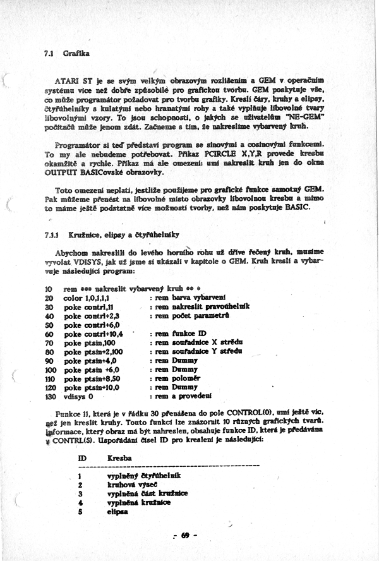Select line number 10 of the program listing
49,289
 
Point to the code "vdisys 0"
78,396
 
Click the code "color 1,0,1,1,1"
86,298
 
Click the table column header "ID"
81,456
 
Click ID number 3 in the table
80,493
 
